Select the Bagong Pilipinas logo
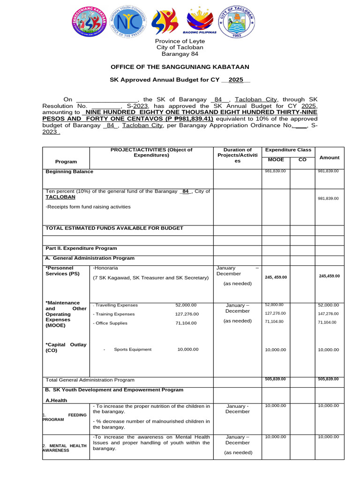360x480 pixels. point(202,22)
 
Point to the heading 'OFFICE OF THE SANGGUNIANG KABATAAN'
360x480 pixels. point(180,67)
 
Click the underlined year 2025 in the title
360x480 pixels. point(236,80)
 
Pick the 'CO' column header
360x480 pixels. point(302,160)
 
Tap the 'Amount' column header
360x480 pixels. point(329,158)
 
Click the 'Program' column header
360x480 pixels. point(66,162)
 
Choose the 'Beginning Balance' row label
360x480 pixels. point(69,172)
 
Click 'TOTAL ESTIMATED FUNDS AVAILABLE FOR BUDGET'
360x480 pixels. point(114,228)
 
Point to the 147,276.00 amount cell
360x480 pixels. point(328,314)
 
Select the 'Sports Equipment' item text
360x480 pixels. point(133,349)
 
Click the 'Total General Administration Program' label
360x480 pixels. point(90,380)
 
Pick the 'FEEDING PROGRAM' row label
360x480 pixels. point(66,417)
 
